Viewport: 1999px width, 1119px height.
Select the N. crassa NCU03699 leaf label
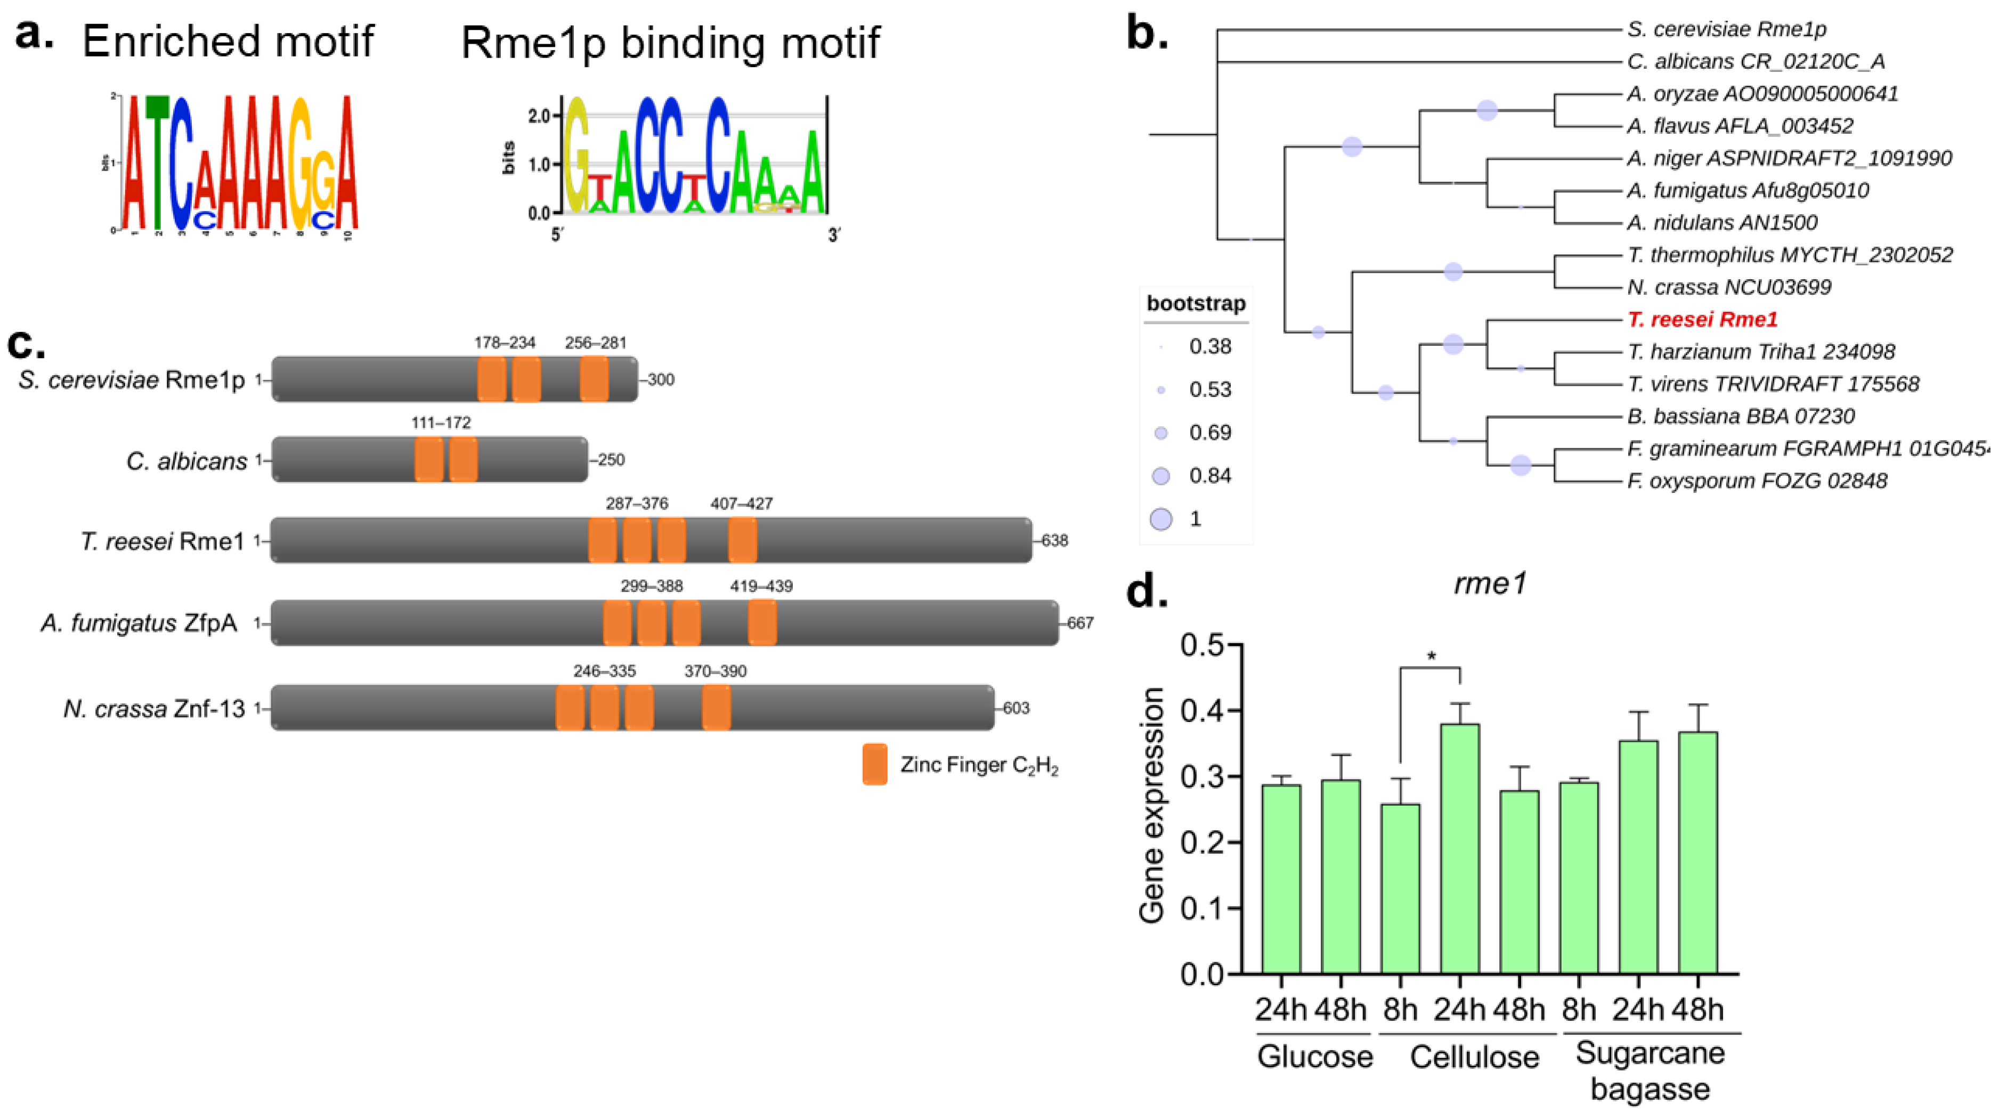coord(1729,287)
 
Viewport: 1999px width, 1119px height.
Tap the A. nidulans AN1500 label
coord(1722,223)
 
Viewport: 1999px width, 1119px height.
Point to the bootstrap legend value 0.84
coord(1210,476)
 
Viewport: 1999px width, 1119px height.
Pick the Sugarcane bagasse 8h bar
coord(1579,877)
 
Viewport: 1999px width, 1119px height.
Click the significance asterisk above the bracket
coord(1431,656)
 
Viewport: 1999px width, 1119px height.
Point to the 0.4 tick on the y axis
coord(1203,711)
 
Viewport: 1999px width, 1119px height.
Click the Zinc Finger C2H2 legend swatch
coord(875,764)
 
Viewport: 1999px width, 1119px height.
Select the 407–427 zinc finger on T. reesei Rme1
coord(742,540)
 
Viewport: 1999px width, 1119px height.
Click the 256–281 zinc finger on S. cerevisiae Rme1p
coord(595,379)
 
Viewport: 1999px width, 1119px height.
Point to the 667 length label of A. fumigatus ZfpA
coord(1080,623)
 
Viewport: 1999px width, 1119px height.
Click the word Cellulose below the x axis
coord(1474,1057)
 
